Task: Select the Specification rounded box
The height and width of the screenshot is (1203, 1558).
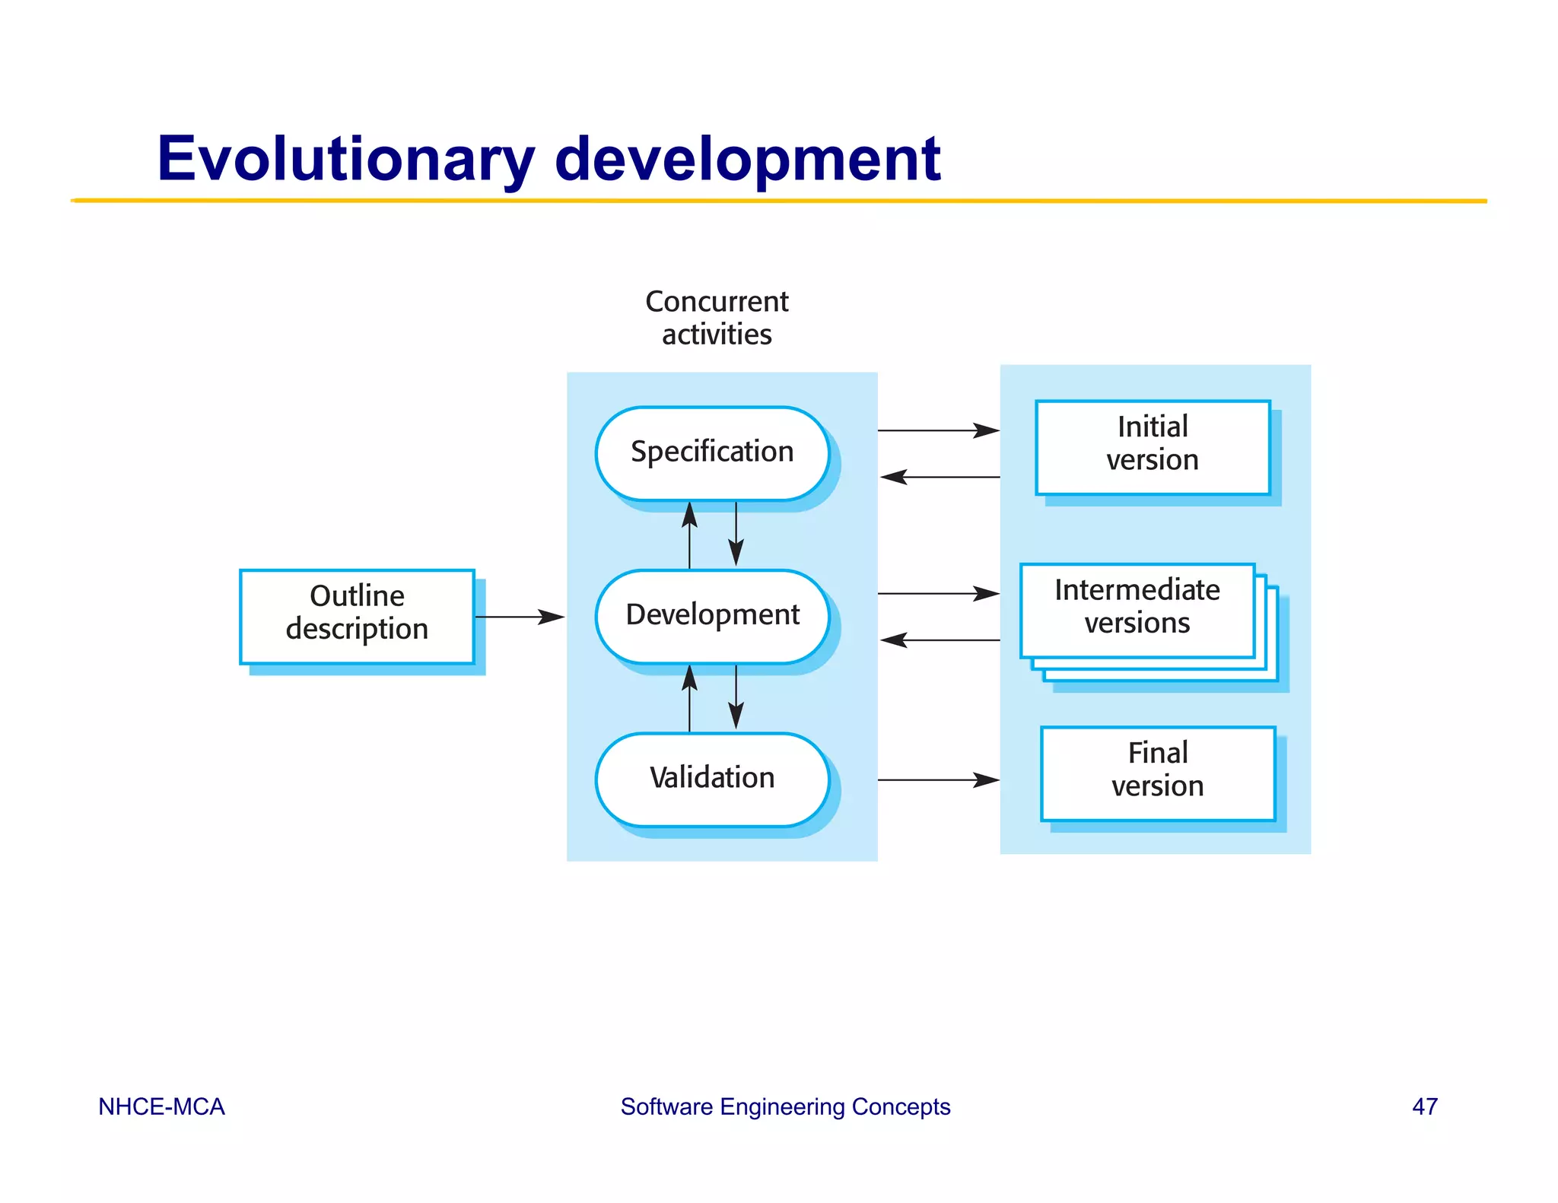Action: click(x=712, y=453)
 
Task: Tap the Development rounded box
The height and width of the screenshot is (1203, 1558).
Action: click(x=712, y=616)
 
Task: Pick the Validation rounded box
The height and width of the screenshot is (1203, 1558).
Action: click(x=712, y=779)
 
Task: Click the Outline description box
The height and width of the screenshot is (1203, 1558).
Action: click(x=357, y=616)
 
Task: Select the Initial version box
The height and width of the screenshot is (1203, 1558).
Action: click(x=1153, y=447)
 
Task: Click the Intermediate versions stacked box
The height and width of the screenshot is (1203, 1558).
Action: click(x=1137, y=610)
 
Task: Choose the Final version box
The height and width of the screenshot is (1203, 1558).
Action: click(x=1158, y=773)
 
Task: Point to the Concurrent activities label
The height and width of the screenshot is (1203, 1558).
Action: click(x=717, y=318)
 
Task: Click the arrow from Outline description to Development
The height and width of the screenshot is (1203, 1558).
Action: click(x=519, y=617)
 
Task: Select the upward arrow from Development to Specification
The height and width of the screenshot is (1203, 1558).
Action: click(x=689, y=535)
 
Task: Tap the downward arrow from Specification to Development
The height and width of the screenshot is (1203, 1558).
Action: click(x=736, y=534)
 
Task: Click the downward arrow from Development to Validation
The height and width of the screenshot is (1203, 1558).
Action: click(x=736, y=697)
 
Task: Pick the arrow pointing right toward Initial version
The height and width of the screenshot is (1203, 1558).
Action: click(x=938, y=430)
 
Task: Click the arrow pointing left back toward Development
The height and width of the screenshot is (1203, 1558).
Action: click(x=940, y=640)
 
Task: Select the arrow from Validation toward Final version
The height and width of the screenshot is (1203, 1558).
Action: click(x=938, y=779)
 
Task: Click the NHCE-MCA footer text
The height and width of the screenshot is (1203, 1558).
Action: click(x=161, y=1106)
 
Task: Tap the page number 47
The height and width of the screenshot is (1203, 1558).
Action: click(x=1424, y=1106)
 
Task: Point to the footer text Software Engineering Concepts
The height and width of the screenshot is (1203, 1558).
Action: click(x=785, y=1106)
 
